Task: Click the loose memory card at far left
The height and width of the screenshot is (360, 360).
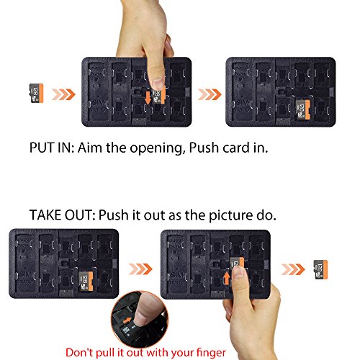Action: coord(37,93)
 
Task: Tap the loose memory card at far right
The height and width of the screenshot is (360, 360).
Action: coord(321,269)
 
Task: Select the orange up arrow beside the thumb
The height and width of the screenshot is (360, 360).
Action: coord(226,278)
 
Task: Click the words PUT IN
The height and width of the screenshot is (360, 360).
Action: coord(51,148)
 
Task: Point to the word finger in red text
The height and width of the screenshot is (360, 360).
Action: coord(211,353)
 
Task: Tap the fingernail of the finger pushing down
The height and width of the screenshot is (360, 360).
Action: coord(158,83)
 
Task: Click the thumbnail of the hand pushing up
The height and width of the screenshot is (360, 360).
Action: coord(239,272)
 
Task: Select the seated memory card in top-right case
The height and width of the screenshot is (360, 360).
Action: coord(302,109)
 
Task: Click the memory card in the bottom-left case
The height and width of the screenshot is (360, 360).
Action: coord(86,281)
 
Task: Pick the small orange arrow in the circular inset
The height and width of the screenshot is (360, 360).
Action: coord(127,320)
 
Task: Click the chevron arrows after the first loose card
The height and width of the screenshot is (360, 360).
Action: coord(63,94)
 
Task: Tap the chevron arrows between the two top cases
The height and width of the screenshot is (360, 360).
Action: coord(210,94)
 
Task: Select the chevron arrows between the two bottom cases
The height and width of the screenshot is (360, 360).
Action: coord(140,269)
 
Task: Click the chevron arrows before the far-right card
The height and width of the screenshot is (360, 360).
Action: coord(293,269)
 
